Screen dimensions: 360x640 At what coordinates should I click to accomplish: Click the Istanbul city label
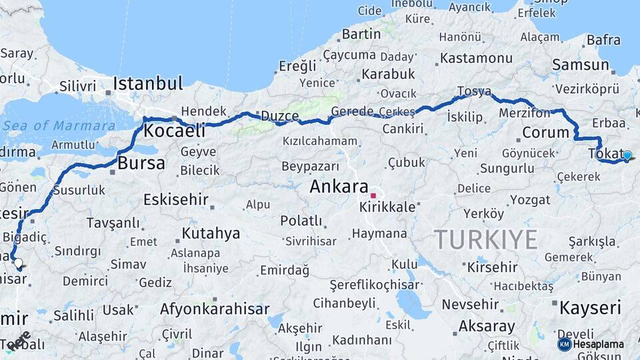(147, 84)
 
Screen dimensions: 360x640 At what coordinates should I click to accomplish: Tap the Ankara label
(339, 187)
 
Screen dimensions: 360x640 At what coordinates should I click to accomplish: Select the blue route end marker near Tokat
(627, 155)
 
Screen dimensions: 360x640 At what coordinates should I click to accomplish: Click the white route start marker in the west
(17, 263)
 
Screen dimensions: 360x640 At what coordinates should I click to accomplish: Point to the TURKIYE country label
(486, 239)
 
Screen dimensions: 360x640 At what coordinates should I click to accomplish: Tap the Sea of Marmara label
(59, 125)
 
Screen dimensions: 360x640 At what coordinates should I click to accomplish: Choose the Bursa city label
(141, 163)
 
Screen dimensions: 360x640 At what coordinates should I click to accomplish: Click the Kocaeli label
(174, 131)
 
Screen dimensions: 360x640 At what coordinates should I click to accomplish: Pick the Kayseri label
(590, 308)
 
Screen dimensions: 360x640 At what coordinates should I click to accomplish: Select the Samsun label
(581, 65)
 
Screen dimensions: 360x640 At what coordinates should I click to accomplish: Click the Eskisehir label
(176, 199)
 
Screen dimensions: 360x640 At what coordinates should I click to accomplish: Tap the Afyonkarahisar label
(215, 309)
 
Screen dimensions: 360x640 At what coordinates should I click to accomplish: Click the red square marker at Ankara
(373, 195)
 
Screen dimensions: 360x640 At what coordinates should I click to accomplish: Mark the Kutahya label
(211, 233)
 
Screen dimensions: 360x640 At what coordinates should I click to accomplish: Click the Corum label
(545, 132)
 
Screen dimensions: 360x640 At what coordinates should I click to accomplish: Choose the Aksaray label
(487, 327)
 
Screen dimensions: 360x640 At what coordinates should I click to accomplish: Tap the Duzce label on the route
(279, 116)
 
